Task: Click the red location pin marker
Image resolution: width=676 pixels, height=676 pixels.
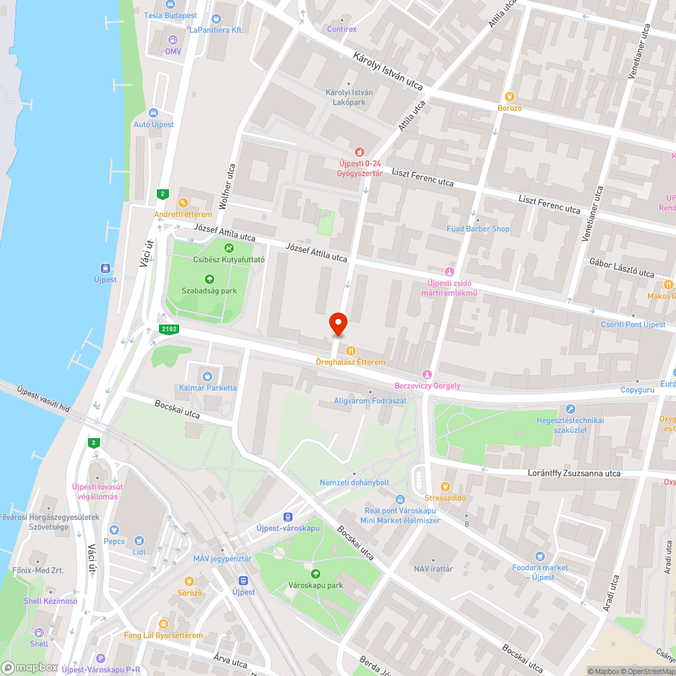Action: coord(337,324)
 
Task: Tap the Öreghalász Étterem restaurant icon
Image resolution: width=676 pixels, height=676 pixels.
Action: coord(351,350)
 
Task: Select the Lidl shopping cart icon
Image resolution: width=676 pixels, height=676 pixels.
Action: coord(139,541)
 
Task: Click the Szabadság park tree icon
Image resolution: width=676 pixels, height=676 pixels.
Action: coord(209,279)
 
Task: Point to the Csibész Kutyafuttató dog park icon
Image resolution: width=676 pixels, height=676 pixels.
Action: coord(229,247)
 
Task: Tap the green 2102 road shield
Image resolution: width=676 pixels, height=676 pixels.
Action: coord(169,329)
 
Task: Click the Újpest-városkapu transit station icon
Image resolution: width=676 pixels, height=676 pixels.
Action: coord(289,516)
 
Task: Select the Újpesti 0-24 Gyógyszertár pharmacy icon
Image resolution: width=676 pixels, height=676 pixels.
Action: coord(360,151)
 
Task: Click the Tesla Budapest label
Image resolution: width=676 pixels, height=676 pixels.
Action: coord(170,15)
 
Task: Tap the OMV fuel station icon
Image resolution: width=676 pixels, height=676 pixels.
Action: coord(174,40)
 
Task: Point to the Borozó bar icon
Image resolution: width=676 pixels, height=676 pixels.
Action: coord(510,97)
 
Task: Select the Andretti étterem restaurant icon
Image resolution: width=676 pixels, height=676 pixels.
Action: coord(183,203)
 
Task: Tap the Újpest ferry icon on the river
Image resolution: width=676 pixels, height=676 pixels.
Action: coord(105,268)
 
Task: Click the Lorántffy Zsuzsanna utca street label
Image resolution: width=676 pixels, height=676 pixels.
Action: coord(574,473)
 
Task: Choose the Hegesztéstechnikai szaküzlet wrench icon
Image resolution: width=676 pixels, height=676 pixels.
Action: coord(571,409)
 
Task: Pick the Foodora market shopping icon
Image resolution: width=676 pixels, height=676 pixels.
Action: coord(539,556)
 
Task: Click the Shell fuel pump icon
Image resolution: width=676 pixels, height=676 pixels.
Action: coord(39,633)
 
